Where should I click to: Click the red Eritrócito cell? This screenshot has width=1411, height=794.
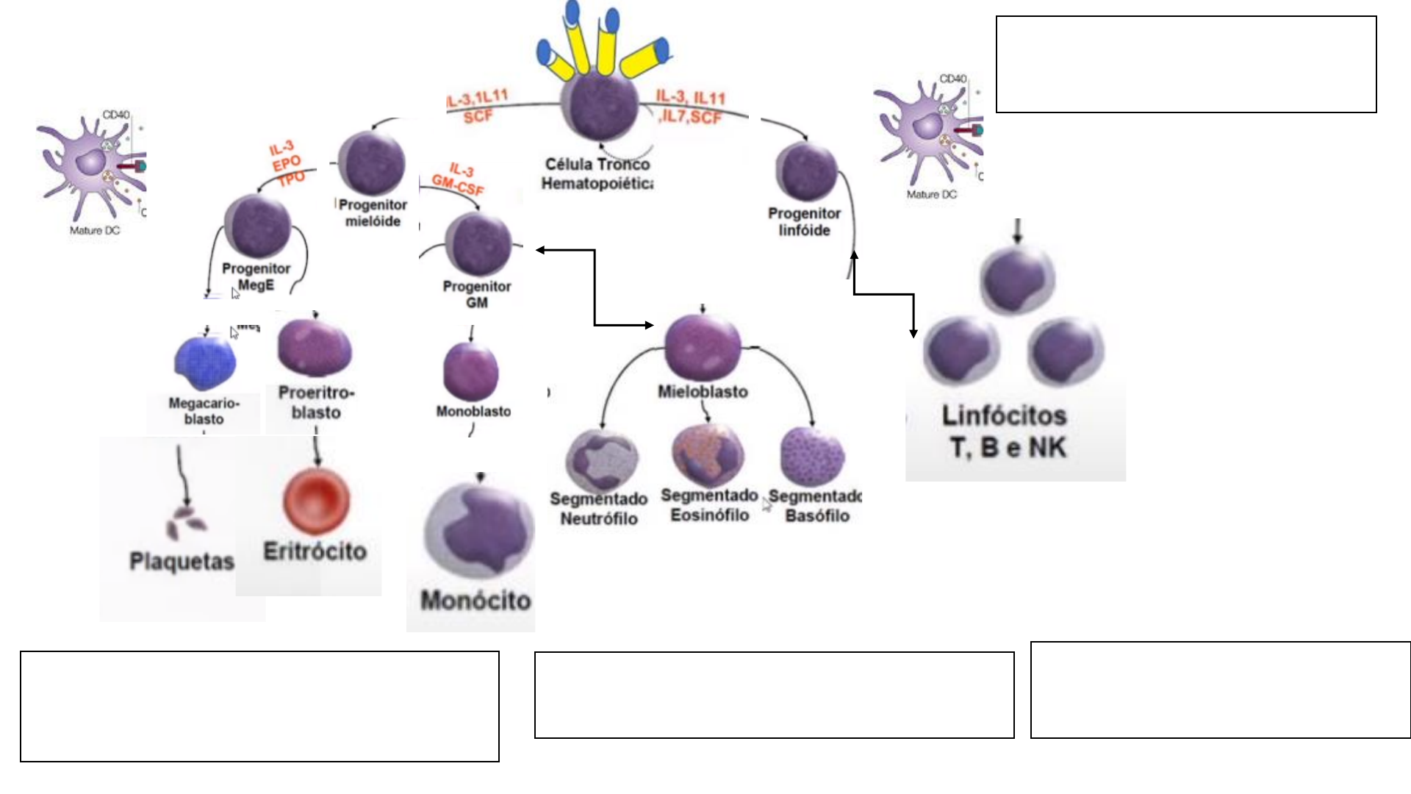pos(316,501)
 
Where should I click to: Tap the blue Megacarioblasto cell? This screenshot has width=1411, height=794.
pos(206,362)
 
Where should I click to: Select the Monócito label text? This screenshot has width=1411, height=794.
pos(475,601)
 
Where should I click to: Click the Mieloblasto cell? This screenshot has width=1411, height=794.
pos(703,347)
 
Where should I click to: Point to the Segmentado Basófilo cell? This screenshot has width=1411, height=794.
pos(812,457)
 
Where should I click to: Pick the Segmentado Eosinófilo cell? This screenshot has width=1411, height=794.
pos(708,455)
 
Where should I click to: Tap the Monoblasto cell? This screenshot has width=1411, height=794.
pos(471,371)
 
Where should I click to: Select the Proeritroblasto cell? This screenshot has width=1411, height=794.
pos(315,348)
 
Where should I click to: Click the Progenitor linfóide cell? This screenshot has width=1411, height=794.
pos(807,172)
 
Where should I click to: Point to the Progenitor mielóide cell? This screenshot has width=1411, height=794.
pos(373,163)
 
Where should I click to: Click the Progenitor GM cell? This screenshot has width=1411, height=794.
pos(478,245)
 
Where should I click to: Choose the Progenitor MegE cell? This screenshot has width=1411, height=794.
pos(258,227)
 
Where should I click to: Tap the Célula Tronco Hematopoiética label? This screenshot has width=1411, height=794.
pos(597,174)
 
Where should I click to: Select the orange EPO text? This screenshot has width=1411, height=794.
pos(287,162)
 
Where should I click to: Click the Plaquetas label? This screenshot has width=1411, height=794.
pos(182,562)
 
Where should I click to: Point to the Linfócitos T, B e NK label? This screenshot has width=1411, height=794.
pos(1005,432)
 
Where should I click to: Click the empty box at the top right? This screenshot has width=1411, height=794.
pos(1186,65)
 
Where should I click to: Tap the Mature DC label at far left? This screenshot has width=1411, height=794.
pos(94,231)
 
